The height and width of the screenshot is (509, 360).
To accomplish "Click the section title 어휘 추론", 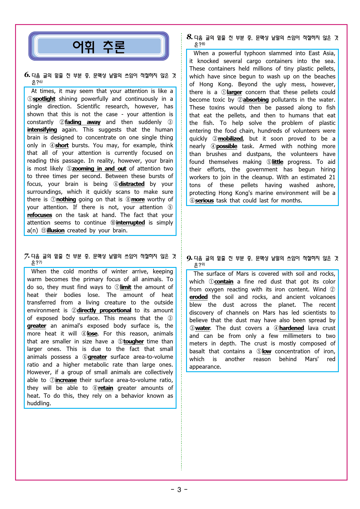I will [99, 46].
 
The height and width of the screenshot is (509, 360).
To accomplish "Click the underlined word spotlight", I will [44, 99].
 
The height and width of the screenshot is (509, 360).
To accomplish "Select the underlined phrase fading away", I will [83, 122].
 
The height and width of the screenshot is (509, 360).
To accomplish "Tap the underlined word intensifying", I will [42, 130].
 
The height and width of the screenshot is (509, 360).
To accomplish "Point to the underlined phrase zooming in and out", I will [99, 169].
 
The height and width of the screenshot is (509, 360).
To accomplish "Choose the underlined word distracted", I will [132, 184].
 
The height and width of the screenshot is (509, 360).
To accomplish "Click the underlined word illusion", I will [55, 231].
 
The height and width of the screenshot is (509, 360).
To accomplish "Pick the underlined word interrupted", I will [130, 223].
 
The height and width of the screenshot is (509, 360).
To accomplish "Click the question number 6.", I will [27, 75].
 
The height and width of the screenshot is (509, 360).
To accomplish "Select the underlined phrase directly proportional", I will [104, 311].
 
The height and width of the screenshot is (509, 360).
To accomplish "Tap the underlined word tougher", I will [134, 342].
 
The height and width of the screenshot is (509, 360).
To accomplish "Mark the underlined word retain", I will [105, 388].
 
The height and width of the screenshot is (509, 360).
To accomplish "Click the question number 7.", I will [27, 256].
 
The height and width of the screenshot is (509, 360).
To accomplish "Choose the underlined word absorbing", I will [256, 100].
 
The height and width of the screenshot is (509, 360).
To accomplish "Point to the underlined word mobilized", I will [230, 139].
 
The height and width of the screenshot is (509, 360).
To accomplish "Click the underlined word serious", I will [204, 201].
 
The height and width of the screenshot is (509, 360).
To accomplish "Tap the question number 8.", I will [190, 37].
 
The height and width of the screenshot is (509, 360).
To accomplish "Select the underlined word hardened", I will [291, 328].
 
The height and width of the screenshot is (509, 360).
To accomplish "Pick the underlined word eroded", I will [199, 297].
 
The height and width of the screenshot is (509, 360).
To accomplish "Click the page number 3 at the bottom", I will [179, 490].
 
